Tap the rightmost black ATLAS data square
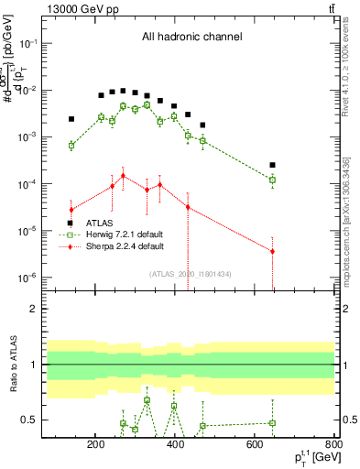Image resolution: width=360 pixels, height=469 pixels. (x=272, y=166)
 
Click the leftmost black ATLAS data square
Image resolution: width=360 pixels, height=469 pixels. (x=71, y=119)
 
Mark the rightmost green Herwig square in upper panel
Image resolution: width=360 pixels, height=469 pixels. (x=272, y=180)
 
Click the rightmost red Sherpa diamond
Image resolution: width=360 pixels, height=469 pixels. (x=272, y=251)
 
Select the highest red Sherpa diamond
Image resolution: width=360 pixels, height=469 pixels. (x=123, y=176)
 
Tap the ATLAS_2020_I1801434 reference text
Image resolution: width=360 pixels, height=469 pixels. (x=191, y=273)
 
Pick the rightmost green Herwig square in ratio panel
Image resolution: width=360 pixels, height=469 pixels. (x=272, y=423)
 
